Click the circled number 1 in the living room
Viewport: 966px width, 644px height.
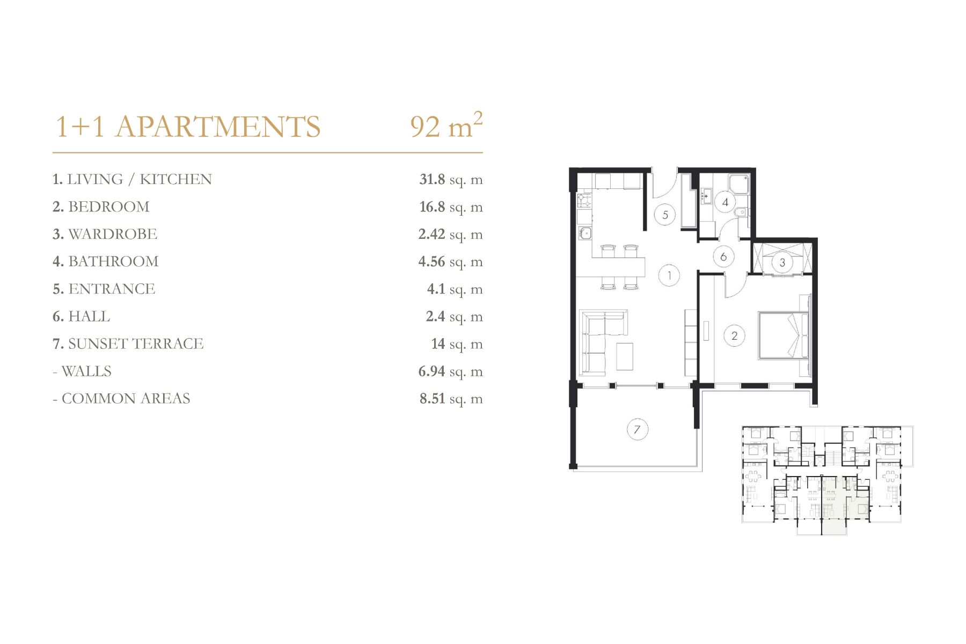(x=669, y=276)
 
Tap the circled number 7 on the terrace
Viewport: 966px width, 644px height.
(x=638, y=429)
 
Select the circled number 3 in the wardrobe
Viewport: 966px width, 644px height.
(x=782, y=262)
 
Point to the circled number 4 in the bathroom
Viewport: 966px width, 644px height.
(x=725, y=202)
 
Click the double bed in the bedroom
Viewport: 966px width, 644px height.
(x=783, y=335)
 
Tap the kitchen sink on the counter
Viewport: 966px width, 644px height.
(x=584, y=233)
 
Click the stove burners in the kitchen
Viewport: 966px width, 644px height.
(x=584, y=201)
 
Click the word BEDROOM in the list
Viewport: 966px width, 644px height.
(x=109, y=207)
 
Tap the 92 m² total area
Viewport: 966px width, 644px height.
(x=447, y=126)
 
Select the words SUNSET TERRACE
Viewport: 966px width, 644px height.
(x=136, y=343)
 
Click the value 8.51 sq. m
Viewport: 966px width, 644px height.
(x=451, y=399)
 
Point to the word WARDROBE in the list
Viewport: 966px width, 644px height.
(x=113, y=234)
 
